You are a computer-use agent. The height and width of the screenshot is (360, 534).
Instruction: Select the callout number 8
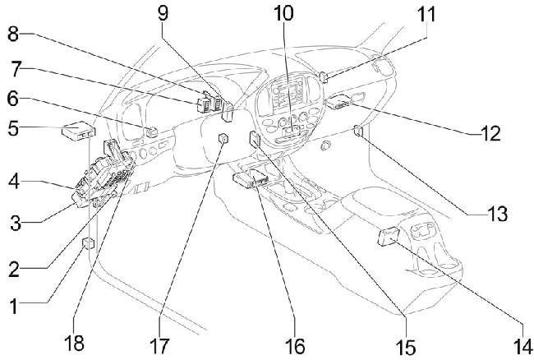[13, 35]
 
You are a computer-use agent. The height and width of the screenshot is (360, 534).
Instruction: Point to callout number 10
[283, 14]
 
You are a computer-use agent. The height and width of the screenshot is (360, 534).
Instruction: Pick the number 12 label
[490, 133]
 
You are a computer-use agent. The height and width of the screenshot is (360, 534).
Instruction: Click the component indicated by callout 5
[78, 129]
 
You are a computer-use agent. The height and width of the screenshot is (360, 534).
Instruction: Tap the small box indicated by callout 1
[88, 242]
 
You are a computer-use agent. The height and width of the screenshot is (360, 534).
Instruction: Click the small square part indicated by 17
[223, 141]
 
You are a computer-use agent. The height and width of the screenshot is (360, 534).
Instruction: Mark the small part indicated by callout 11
[324, 77]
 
